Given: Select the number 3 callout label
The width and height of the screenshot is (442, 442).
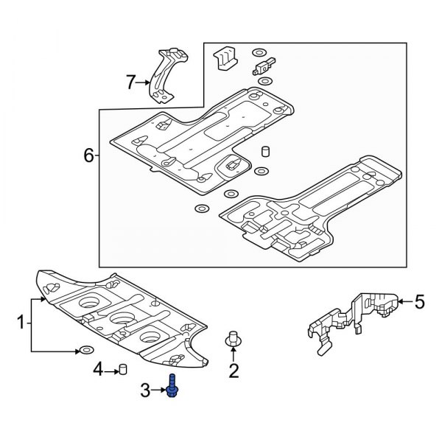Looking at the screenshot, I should click(145, 389).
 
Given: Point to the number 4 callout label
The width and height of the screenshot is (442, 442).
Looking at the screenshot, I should click(98, 369).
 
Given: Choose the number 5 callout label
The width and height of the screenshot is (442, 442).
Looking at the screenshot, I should click(419, 301).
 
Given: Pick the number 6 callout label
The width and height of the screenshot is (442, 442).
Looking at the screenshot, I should click(89, 155).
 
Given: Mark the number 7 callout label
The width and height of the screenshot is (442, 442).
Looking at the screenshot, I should click(131, 83).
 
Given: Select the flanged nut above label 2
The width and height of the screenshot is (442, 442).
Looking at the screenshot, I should click(234, 340).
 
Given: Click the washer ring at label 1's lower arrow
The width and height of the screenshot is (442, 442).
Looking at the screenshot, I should click(86, 350).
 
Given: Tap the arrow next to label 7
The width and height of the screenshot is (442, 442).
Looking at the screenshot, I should click(145, 83).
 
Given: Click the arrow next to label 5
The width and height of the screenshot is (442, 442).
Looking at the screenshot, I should click(405, 301).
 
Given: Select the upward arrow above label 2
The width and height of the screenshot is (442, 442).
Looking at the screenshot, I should click(234, 356).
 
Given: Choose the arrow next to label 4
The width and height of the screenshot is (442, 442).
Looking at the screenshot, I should click(111, 369).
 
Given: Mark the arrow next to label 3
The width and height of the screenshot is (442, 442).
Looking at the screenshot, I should click(158, 389).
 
